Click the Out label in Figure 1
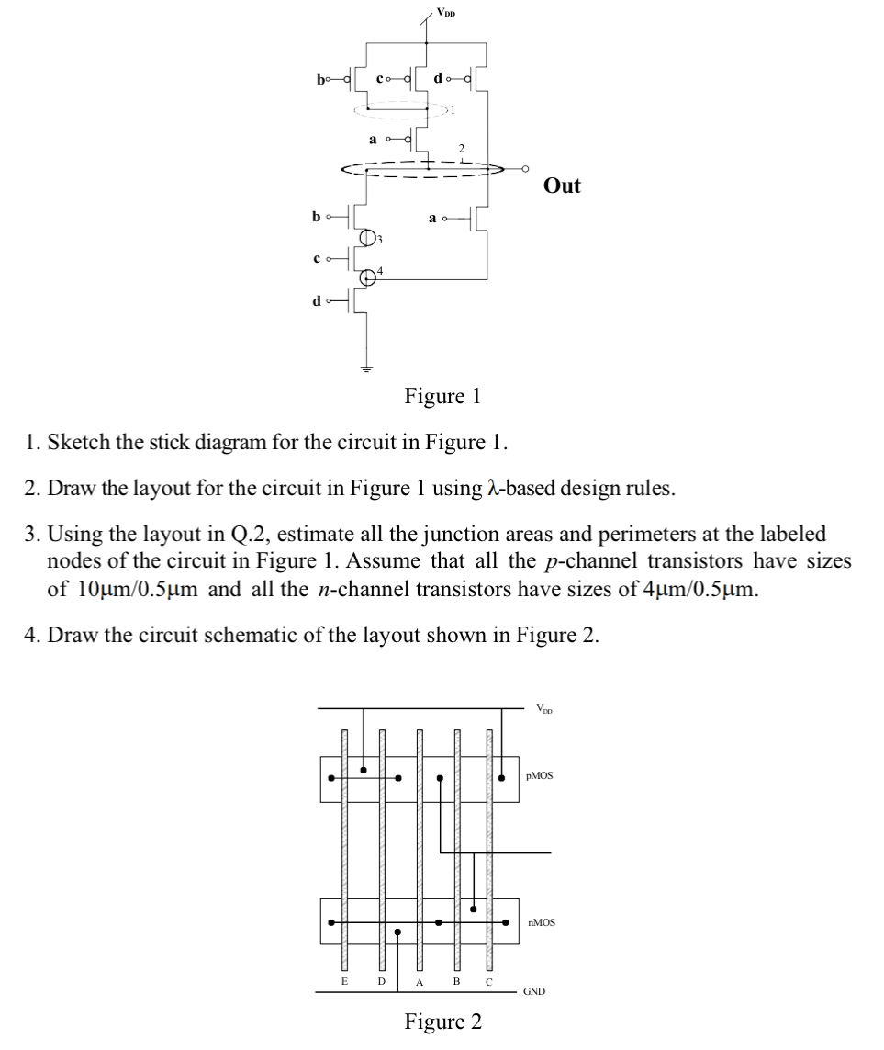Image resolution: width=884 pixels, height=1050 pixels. [562, 186]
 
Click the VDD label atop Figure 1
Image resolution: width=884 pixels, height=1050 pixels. [444, 13]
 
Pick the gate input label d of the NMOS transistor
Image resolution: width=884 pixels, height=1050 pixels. [318, 299]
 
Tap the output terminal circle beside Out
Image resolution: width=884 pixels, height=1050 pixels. [524, 169]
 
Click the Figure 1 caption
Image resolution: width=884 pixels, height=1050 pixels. [442, 397]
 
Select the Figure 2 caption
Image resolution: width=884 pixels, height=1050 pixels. [442, 1022]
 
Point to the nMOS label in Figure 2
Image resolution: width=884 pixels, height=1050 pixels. [542, 921]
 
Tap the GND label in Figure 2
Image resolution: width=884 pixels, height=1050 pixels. [534, 992]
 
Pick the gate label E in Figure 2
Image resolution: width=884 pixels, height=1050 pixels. [344, 982]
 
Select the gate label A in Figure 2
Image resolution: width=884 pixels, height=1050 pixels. [419, 982]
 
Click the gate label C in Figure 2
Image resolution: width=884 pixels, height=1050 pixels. [488, 982]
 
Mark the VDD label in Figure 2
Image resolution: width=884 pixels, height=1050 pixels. [544, 707]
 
